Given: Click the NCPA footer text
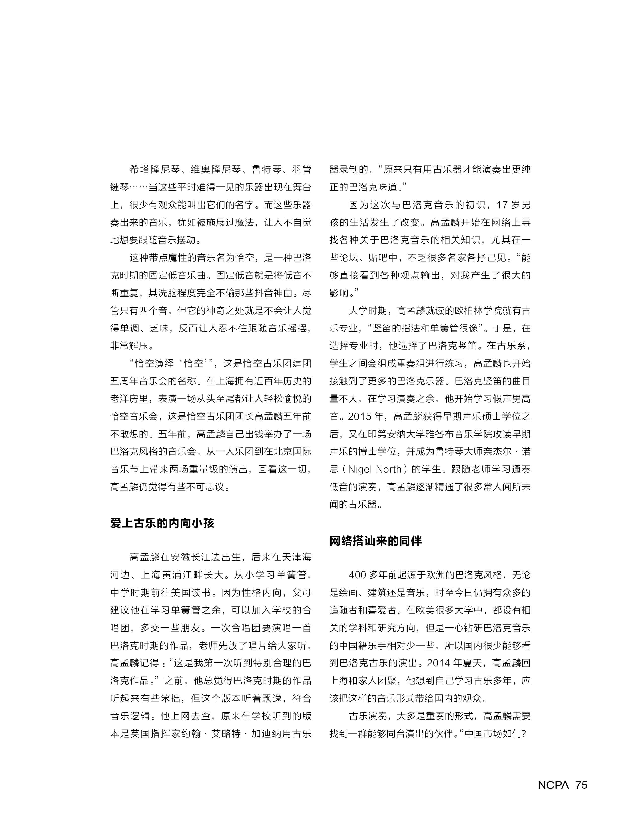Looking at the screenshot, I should point(553,785).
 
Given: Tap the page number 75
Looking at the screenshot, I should point(581,785).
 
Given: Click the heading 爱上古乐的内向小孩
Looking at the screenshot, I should point(162,523).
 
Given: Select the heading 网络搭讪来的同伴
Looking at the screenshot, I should point(375,541).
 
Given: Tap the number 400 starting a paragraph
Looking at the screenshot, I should point(357,575).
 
